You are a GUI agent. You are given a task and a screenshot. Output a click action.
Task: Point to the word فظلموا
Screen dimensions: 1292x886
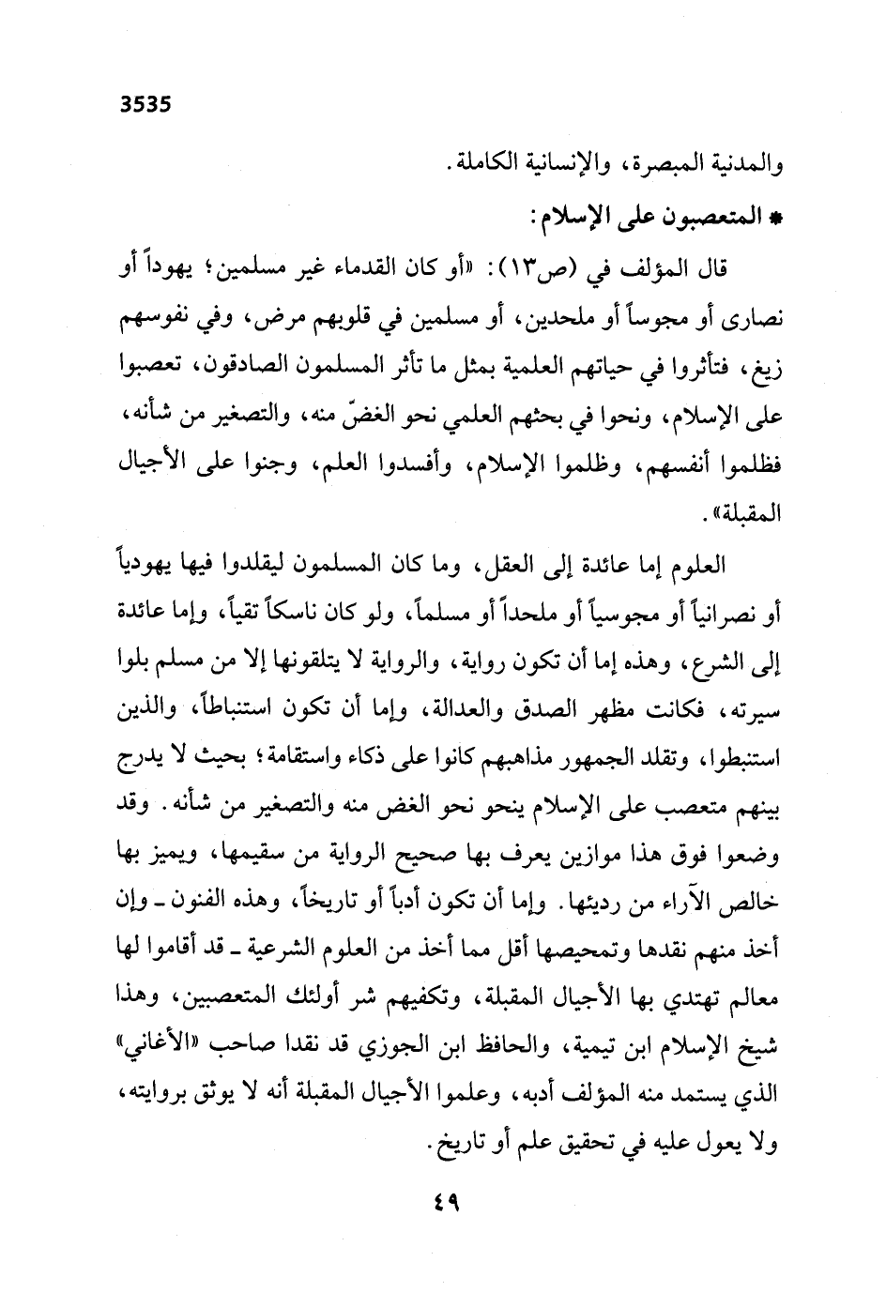click(751, 465)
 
